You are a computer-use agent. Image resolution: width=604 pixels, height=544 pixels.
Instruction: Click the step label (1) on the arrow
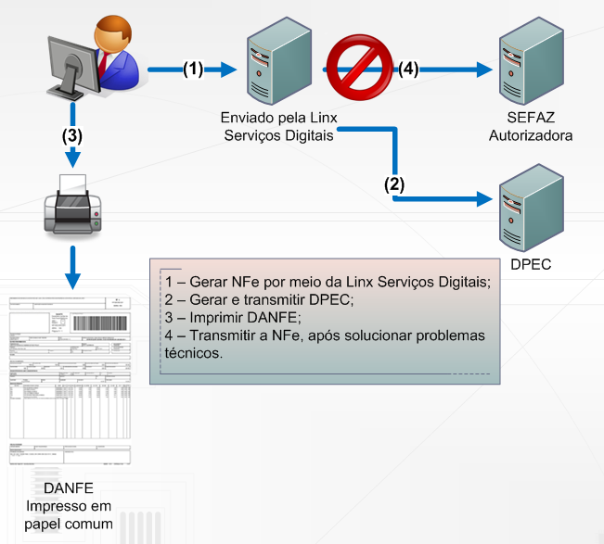(192, 69)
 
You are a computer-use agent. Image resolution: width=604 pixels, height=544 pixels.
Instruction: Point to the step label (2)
(394, 183)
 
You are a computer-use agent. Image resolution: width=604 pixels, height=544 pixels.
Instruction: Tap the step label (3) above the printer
(71, 134)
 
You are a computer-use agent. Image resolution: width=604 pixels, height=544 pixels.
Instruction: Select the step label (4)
(409, 69)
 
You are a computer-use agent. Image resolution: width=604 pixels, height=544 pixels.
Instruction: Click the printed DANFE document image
(70, 380)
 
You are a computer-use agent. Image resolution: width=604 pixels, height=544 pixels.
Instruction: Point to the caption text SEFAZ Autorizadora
(530, 127)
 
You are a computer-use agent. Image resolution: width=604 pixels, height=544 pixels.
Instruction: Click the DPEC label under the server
(532, 264)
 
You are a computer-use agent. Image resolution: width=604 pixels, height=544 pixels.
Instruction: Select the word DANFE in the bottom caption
(69, 488)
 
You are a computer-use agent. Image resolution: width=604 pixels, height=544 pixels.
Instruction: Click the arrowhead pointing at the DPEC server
(482, 198)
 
